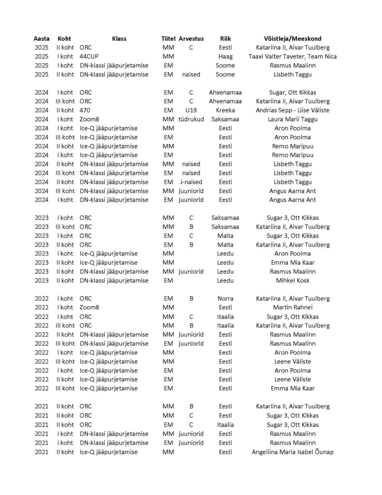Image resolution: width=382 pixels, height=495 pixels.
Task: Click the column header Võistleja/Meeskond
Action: pos(292,39)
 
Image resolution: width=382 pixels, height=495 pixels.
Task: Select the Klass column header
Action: pos(119,39)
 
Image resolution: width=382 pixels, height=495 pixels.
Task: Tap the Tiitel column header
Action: pos(168,39)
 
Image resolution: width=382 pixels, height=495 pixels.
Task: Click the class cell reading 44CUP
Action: pos(89,56)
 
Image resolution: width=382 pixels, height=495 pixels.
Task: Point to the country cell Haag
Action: pos(225,56)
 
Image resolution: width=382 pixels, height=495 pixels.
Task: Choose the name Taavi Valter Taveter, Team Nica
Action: pos(292,56)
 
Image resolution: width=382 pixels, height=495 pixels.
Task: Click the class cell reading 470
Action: pos(85,110)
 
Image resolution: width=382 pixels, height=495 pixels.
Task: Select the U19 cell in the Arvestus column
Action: pos(191,110)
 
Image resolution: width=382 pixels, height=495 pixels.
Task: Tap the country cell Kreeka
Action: pos(225,110)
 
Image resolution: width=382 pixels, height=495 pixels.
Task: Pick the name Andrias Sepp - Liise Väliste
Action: pos(292,110)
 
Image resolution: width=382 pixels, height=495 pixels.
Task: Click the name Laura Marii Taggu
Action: pos(292,119)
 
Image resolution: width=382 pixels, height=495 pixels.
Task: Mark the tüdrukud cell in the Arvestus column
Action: pos(191,119)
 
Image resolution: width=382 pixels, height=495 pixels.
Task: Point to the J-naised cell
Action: pos(191,182)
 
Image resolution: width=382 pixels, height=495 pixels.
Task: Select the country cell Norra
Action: pos(225,299)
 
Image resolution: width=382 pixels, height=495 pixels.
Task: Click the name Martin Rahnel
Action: pos(292,307)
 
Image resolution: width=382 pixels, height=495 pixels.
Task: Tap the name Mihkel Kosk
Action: pos(292,280)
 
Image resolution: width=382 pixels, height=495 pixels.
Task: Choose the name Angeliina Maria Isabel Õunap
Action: pos(292,452)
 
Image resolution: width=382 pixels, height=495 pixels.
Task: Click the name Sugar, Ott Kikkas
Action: pos(292,92)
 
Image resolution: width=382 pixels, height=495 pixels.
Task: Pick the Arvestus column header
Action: pos(191,39)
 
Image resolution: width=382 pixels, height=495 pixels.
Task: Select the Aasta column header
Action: pos(41,39)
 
